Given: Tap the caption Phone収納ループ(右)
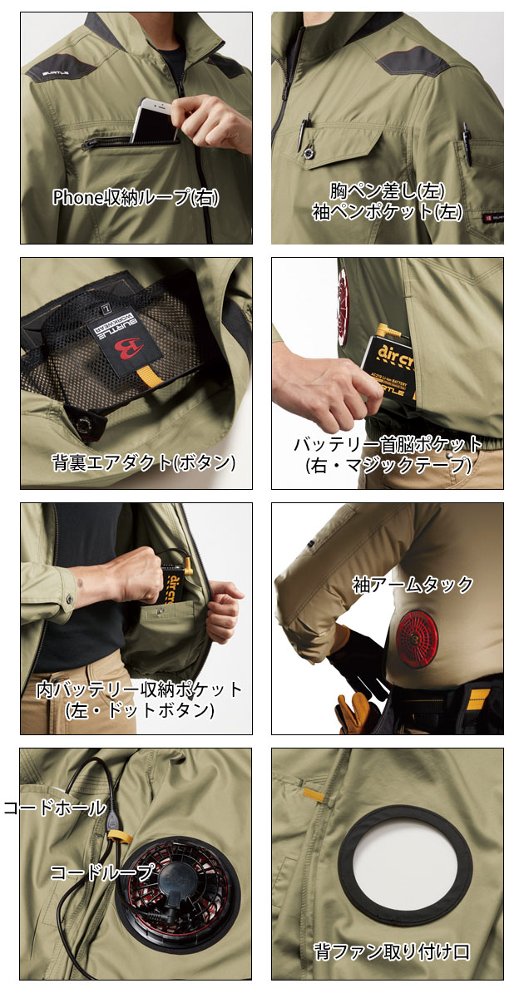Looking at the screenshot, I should (x=136, y=198).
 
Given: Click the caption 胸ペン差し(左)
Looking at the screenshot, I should (x=387, y=190).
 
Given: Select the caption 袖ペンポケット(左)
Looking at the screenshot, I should (x=387, y=212).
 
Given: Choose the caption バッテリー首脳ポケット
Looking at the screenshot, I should (x=387, y=443).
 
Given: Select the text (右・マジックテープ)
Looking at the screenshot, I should (x=387, y=465).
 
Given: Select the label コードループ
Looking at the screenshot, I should (x=102, y=872).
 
